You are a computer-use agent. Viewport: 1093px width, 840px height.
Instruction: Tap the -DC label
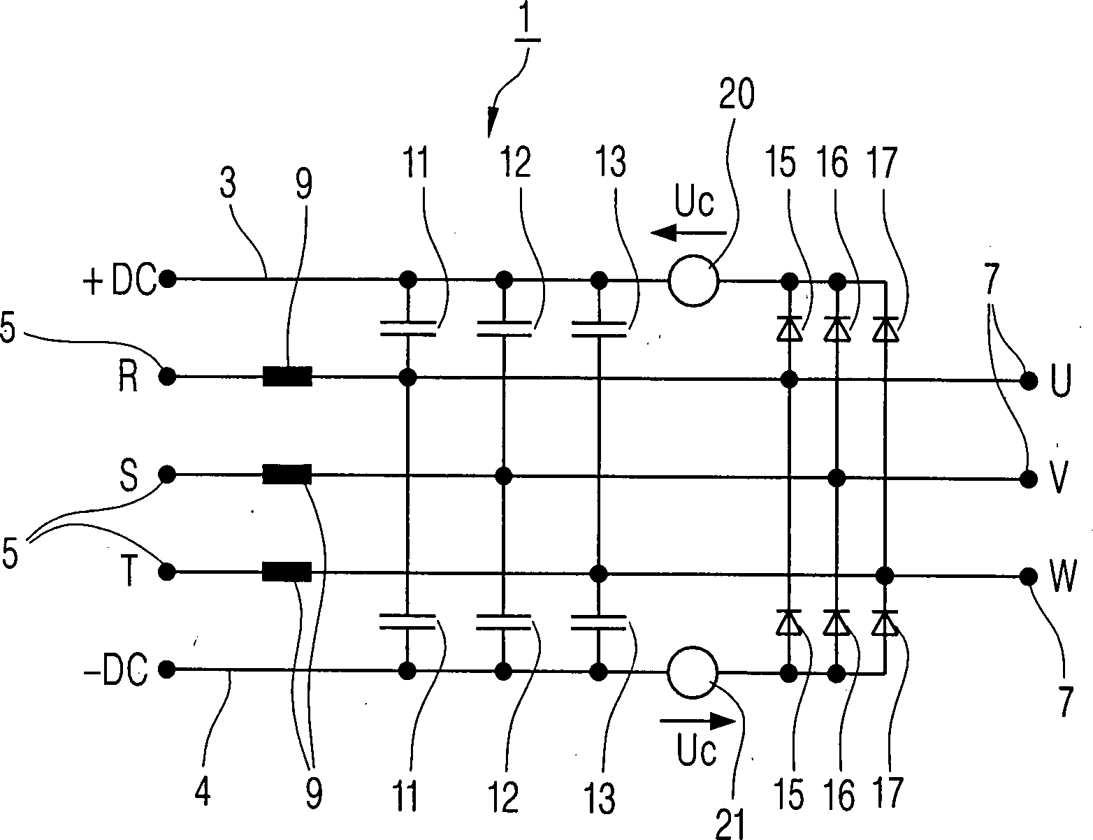115,672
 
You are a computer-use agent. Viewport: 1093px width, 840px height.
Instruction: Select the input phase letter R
127,380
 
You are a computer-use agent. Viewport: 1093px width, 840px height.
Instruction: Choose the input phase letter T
129,574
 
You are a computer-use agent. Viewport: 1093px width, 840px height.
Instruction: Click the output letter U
1060,384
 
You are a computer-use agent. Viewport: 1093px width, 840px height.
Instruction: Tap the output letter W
1062,579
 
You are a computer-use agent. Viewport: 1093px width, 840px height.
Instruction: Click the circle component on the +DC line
693,282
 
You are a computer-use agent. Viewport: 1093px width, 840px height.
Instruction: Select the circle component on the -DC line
693,672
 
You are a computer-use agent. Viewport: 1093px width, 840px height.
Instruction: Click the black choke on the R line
287,377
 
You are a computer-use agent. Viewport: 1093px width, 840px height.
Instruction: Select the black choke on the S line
287,475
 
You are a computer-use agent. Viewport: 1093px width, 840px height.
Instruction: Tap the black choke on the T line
287,573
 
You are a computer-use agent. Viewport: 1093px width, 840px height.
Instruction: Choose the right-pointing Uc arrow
697,720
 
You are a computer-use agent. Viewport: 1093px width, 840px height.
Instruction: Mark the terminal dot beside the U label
1027,381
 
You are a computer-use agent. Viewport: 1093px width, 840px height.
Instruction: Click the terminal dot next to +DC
167,280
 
